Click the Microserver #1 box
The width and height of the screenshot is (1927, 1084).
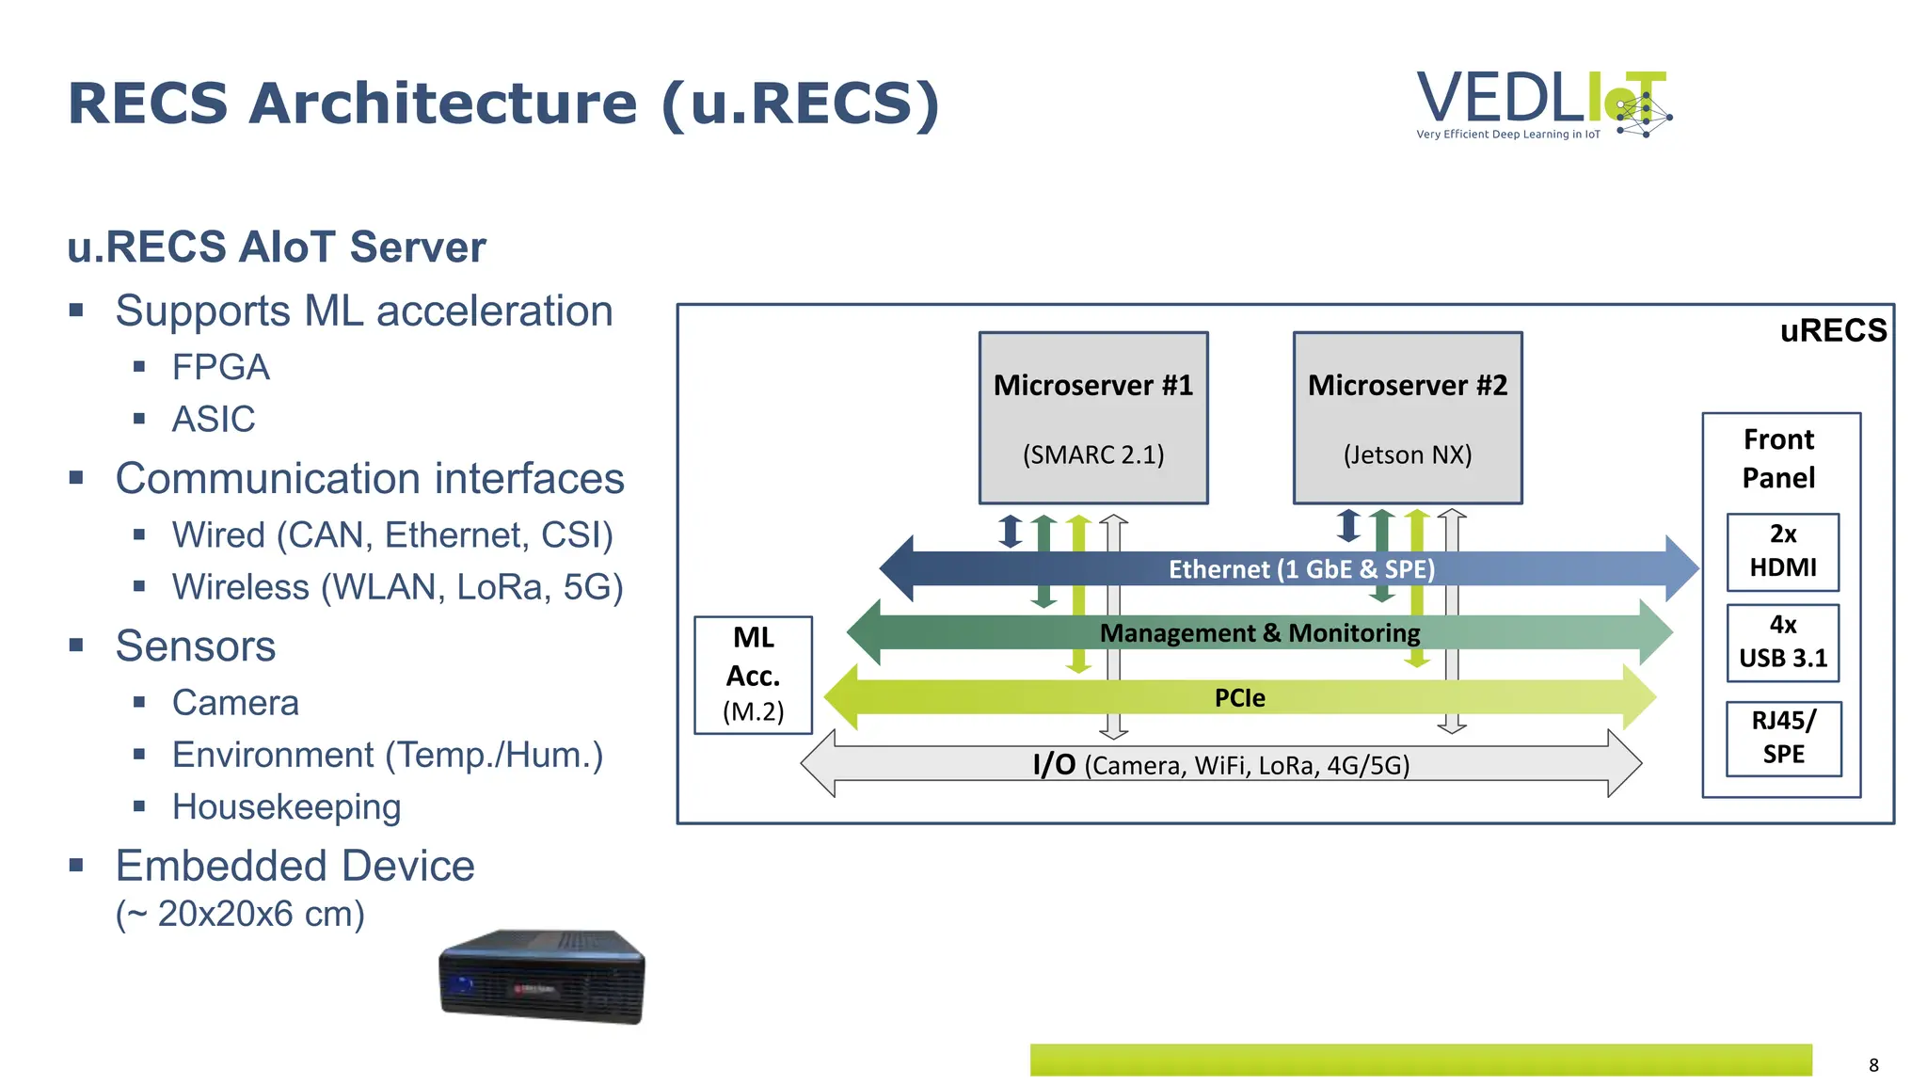[x=1092, y=418]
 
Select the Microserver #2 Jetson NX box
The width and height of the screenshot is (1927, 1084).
[x=1407, y=418]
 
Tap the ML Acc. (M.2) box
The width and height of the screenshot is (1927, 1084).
[x=753, y=674]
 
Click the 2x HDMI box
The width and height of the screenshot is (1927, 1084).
[x=1782, y=551]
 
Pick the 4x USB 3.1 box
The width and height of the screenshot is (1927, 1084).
[x=1782, y=642]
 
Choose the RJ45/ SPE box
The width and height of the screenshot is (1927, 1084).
[x=1782, y=738]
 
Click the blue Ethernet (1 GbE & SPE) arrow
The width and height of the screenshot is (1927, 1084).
[x=1300, y=569]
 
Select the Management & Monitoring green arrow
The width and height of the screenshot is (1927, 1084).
[x=1259, y=633]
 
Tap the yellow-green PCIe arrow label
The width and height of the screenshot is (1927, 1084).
[x=1239, y=698]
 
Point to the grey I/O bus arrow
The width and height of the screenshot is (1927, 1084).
[x=1220, y=765]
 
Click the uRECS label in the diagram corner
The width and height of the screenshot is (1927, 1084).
[x=1832, y=331]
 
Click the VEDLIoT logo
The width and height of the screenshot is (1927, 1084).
[x=1543, y=104]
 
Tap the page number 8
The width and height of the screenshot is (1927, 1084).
[x=1872, y=1065]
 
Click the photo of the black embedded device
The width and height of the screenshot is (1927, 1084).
[x=542, y=976]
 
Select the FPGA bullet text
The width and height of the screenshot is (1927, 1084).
[x=220, y=367]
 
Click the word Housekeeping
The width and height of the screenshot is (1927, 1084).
[x=286, y=807]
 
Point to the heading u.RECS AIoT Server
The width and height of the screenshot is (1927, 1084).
[x=277, y=247]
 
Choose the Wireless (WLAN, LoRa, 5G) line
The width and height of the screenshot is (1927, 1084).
[x=397, y=587]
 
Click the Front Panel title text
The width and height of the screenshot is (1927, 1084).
[x=1777, y=458]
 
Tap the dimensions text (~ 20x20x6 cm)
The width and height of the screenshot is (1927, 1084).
[x=240, y=914]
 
